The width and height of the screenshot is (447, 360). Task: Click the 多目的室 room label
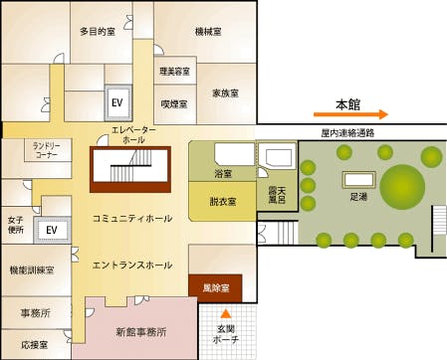tap(98, 32)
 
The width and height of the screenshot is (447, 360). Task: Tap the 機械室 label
tap(208, 32)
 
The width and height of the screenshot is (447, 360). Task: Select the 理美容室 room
tap(175, 71)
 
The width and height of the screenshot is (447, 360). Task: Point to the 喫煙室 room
tap(175, 104)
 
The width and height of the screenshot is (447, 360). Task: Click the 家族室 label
tap(226, 93)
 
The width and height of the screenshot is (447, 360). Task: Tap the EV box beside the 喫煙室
tap(117, 102)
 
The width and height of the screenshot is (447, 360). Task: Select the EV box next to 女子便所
tap(52, 230)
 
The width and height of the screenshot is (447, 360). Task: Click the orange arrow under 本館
tap(350, 114)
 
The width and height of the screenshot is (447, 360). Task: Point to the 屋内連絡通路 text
tap(347, 133)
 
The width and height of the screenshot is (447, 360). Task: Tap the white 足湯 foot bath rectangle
tap(359, 180)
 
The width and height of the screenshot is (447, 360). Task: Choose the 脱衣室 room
tap(222, 201)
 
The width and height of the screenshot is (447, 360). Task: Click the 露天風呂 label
tap(278, 195)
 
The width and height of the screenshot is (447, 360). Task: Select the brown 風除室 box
tap(215, 288)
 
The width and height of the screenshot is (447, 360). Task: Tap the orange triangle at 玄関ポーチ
tap(226, 313)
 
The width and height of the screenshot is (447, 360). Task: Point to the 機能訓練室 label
tap(32, 270)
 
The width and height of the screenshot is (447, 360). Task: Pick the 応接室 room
tap(36, 345)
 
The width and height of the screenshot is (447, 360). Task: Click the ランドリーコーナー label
tap(46, 150)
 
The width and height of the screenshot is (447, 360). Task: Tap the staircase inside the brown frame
tap(130, 165)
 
